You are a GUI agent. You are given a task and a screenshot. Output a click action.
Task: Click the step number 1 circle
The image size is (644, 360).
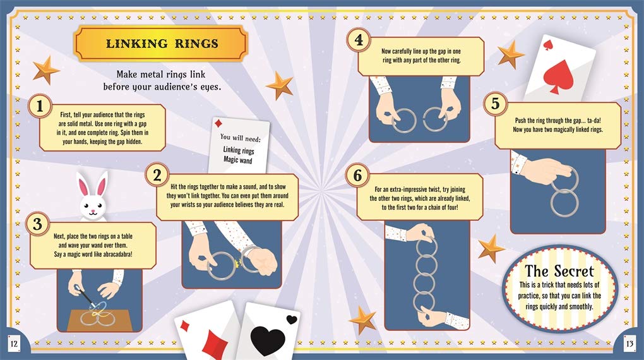click(39, 106)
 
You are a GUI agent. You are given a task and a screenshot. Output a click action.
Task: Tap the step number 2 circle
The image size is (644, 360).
click(157, 176)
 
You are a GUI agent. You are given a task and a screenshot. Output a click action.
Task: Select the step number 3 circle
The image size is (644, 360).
click(37, 224)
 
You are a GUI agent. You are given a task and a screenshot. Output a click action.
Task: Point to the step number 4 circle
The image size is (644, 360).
click(359, 40)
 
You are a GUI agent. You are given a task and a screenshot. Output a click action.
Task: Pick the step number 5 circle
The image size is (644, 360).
click(496, 103)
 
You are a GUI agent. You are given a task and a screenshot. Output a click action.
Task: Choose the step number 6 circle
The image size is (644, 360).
click(358, 176)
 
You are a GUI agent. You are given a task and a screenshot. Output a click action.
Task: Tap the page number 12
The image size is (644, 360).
click(14, 344)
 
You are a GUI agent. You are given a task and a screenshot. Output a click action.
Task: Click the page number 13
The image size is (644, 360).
click(629, 344)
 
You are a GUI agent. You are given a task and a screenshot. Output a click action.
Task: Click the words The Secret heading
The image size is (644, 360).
click(559, 271)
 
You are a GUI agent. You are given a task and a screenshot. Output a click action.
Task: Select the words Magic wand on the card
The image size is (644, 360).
click(238, 159)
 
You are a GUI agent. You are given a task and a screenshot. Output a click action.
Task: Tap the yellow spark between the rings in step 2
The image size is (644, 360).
click(237, 263)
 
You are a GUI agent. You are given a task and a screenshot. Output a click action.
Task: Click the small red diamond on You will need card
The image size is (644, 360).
click(218, 124)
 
